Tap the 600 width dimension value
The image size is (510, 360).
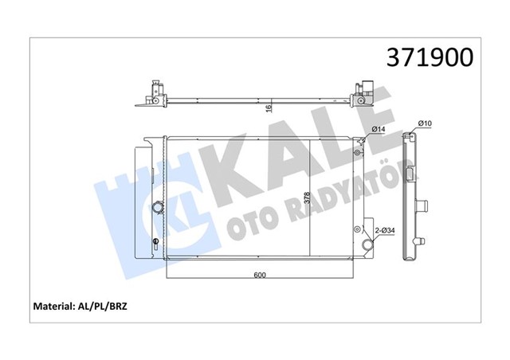point(260,276)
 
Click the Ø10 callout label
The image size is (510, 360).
point(426,123)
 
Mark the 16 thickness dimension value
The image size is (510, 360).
point(269,107)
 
